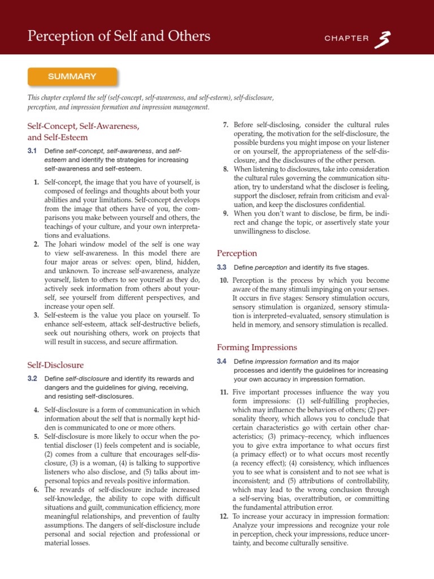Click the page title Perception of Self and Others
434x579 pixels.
[119, 37]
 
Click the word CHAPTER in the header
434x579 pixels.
[346, 38]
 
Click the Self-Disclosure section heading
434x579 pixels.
[55, 365]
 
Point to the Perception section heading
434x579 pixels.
[237, 253]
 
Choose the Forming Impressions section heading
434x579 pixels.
[257, 347]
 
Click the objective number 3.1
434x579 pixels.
[32, 152]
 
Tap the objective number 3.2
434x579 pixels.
[32, 378]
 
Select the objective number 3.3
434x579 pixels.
[222, 267]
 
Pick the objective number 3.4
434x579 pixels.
[222, 361]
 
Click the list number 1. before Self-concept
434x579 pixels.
[36, 182]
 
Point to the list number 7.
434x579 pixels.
[225, 124]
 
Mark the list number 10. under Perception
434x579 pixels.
[224, 280]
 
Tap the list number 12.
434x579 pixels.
[224, 517]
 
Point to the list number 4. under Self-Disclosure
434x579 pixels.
[36, 409]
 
